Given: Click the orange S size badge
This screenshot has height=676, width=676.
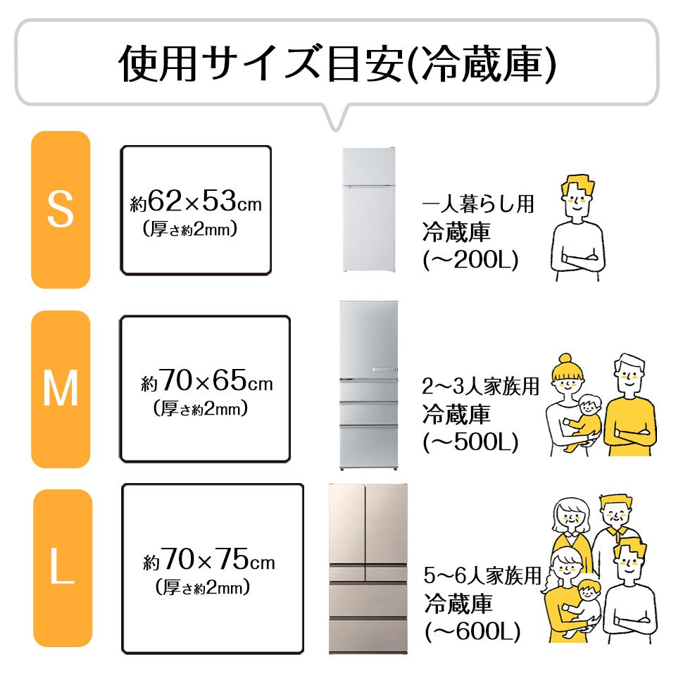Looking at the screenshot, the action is pyautogui.click(x=61, y=209).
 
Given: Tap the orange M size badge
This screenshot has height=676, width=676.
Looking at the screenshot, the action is pyautogui.click(x=61, y=389).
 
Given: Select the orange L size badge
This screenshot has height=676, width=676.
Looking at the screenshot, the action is pyautogui.click(x=63, y=568).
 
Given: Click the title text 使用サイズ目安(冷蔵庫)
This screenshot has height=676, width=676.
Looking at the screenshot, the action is pyautogui.click(x=337, y=64).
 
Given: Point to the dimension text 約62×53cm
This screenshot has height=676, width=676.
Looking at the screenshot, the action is pyautogui.click(x=196, y=204).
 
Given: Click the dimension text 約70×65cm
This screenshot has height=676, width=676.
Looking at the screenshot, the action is pyautogui.click(x=206, y=384).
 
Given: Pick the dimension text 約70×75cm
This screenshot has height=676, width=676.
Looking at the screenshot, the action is pyautogui.click(x=208, y=562).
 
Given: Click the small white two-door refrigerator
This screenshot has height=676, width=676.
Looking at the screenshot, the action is pyautogui.click(x=368, y=210).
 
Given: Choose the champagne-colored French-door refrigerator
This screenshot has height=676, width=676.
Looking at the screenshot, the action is pyautogui.click(x=368, y=568).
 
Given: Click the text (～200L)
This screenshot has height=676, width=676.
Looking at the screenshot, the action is pyautogui.click(x=470, y=261).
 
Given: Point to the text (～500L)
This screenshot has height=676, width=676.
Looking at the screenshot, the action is pyautogui.click(x=470, y=442).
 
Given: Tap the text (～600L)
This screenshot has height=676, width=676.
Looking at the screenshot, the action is pyautogui.click(x=472, y=631).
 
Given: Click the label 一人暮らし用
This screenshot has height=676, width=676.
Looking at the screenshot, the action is pyautogui.click(x=478, y=205).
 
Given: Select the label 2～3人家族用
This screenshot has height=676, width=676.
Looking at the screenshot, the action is pyautogui.click(x=481, y=387).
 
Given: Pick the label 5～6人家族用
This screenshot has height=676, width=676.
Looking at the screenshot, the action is pyautogui.click(x=482, y=576).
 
